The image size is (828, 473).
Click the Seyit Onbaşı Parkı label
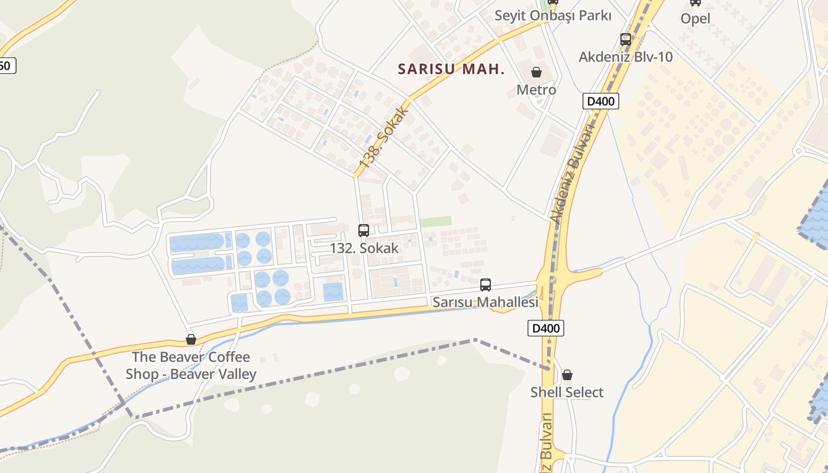pyautogui.click(x=552, y=16)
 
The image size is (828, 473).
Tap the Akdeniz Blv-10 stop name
pyautogui.click(x=625, y=57)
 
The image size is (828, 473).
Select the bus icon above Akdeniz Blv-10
pyautogui.click(x=626, y=40)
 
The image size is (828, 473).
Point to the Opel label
pyautogui.click(x=695, y=18)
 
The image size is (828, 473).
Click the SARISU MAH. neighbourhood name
pyautogui.click(x=451, y=69)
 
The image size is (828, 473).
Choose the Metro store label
pyautogui.click(x=536, y=89)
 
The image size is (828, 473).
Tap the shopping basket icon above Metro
pyautogui.click(x=536, y=72)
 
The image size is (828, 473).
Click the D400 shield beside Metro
pyautogui.click(x=600, y=101)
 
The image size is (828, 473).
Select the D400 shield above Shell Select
pyautogui.click(x=545, y=328)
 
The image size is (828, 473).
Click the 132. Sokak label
pyautogui.click(x=364, y=248)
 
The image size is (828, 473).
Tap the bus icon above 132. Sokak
pyautogui.click(x=363, y=231)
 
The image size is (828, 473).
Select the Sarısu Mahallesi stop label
pyautogui.click(x=485, y=302)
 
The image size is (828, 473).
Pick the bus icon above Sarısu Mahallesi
pyautogui.click(x=485, y=285)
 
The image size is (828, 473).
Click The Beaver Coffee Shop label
pyautogui.click(x=190, y=365)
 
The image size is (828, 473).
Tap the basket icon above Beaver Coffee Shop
pyautogui.click(x=190, y=339)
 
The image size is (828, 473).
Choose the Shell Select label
pyautogui.click(x=567, y=392)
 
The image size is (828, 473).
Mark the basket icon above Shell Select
pyautogui.click(x=567, y=375)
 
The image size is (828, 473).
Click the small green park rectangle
pyautogui.click(x=435, y=221)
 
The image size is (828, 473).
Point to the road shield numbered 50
pyautogui.click(x=5, y=66)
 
